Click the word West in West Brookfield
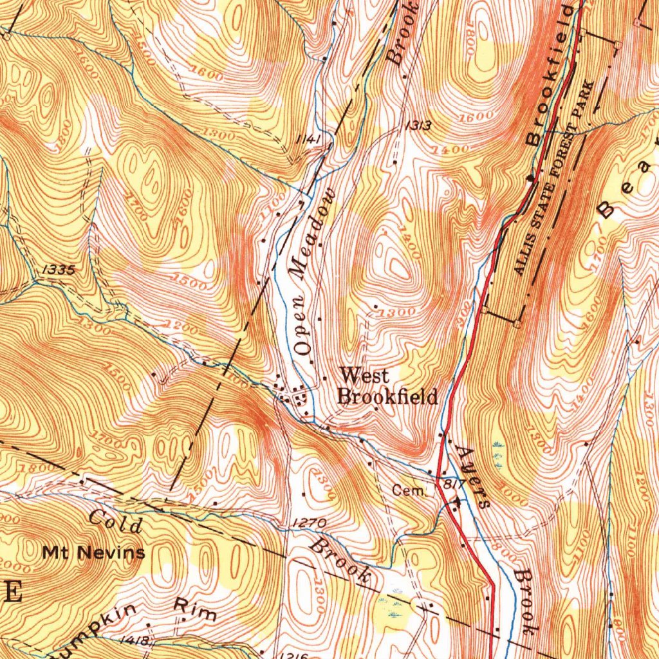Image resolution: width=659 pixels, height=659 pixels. coord(364,375)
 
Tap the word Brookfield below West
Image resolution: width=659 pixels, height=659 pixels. coord(388,396)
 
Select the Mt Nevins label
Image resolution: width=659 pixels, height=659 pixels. coord(94,552)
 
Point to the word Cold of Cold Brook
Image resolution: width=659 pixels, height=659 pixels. coord(116,521)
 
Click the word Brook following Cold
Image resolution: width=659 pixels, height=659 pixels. coord(341,562)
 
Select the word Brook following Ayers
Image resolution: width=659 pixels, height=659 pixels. coord(524,602)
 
